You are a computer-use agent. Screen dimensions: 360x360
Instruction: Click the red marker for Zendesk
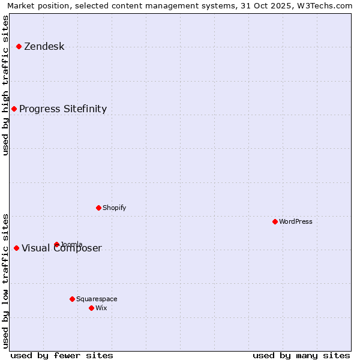tap(19, 46)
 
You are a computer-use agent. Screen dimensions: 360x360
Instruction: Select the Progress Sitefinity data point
tap(14, 109)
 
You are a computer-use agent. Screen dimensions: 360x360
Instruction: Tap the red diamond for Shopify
tap(98, 208)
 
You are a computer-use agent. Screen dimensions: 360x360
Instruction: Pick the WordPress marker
tap(275, 221)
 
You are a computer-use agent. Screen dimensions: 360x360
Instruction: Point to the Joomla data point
tap(56, 244)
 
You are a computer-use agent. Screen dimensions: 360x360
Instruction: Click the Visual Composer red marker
tap(16, 248)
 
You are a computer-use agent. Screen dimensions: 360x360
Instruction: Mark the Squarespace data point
tap(72, 299)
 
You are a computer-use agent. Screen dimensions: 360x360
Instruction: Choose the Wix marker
tap(91, 308)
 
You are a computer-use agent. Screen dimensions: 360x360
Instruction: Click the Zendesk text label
tap(44, 47)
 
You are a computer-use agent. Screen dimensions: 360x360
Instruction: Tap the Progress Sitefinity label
tap(63, 109)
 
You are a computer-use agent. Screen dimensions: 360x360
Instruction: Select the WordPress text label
tap(296, 221)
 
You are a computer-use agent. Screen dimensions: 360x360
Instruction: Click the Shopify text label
tap(114, 208)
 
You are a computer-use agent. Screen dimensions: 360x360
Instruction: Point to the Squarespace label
tap(97, 299)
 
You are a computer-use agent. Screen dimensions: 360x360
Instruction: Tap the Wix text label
tap(101, 308)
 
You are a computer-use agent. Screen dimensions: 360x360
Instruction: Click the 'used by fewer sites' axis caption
tap(62, 355)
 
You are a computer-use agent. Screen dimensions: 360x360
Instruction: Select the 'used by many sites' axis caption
tap(301, 355)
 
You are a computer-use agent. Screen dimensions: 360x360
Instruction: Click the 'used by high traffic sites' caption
tap(5, 85)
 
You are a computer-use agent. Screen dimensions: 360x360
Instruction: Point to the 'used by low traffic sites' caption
tap(5, 280)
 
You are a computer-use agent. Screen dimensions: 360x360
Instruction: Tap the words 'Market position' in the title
tap(35, 5)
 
